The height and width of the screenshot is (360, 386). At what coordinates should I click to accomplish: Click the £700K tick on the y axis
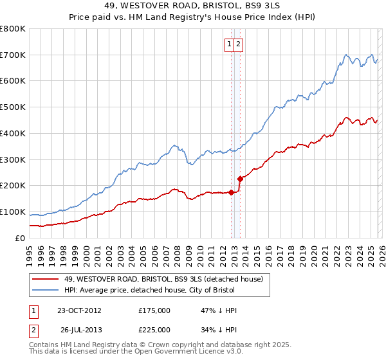click(x=13, y=55)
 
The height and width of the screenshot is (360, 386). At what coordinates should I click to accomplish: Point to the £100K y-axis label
click(x=13, y=212)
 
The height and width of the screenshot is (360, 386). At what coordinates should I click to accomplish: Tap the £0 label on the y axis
click(x=21, y=238)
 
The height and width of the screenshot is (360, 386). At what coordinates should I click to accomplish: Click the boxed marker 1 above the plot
click(x=229, y=44)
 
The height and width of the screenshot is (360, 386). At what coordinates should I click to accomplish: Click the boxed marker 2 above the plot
click(x=238, y=44)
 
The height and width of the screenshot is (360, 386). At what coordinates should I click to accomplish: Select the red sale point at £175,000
click(x=231, y=192)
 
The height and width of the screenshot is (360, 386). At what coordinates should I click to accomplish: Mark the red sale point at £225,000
click(x=240, y=179)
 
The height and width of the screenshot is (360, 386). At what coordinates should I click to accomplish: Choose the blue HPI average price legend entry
click(x=150, y=291)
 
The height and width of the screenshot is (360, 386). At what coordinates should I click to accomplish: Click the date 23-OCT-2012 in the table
click(x=79, y=310)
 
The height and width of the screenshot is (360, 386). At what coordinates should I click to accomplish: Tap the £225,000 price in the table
click(x=154, y=329)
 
